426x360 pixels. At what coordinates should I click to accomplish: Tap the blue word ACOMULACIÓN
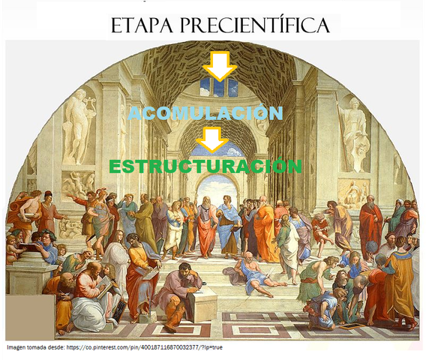pos(205,113)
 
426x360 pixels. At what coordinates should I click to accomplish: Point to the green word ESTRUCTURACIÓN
pos(205,166)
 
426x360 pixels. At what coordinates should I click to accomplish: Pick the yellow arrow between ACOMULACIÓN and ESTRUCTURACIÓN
pos(213,139)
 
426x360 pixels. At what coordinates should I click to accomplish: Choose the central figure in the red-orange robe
pos(206,225)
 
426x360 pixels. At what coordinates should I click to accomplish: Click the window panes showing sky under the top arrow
pos(220,88)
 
